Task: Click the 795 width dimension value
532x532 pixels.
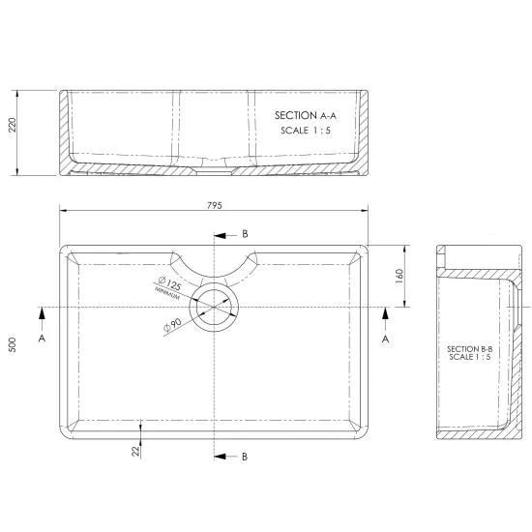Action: click(215, 205)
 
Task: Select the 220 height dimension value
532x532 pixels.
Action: click(13, 125)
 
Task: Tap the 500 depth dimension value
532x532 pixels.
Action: click(13, 344)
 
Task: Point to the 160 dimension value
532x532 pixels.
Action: click(399, 277)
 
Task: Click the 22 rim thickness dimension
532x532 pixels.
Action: click(135, 451)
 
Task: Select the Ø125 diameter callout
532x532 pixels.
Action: click(170, 283)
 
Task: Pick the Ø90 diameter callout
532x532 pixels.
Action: click(173, 325)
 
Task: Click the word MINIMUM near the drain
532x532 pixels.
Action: click(167, 293)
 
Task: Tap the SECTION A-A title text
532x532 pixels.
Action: click(306, 116)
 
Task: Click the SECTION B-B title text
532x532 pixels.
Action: click(469, 349)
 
